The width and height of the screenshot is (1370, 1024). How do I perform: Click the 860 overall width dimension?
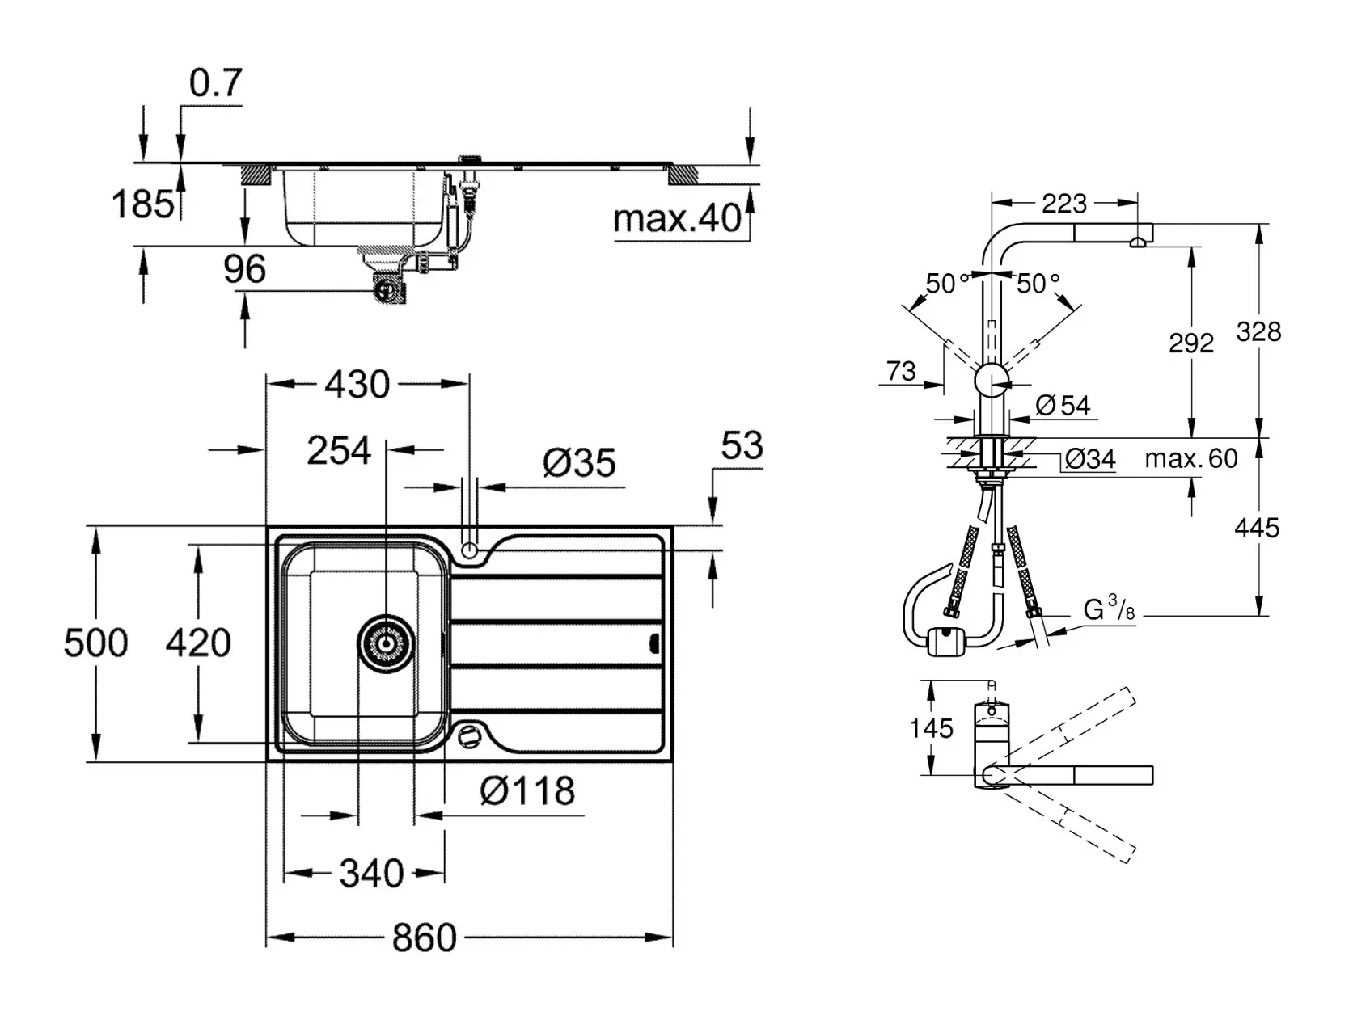coord(424,938)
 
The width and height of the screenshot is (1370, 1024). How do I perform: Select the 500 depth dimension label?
coord(95,643)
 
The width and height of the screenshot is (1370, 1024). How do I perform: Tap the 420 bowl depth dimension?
coord(198,643)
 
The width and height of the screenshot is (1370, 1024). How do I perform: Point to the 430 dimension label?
coord(357,384)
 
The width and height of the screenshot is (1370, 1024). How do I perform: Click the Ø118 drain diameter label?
coord(526,791)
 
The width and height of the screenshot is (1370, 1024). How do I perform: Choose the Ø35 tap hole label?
coord(579,463)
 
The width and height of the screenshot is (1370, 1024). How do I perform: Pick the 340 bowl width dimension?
coord(371,873)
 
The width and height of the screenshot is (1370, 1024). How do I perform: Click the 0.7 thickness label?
coord(216,83)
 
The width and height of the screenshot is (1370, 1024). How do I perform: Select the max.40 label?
coord(677,218)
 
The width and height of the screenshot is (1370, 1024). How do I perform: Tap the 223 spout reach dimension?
coord(1063,203)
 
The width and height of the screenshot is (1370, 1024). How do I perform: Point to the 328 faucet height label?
coord(1258,331)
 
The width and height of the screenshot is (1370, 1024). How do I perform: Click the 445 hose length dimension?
coord(1257,528)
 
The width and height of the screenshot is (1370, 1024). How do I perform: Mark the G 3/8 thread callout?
coord(1109,609)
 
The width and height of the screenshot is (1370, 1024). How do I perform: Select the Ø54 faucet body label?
coord(1063,405)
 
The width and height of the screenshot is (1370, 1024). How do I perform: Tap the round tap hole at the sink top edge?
coord(469,550)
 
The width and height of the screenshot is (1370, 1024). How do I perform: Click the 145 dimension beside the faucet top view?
coord(931,728)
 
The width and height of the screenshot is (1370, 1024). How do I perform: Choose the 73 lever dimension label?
coord(901,371)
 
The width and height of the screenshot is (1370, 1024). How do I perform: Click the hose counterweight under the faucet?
coord(946,643)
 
